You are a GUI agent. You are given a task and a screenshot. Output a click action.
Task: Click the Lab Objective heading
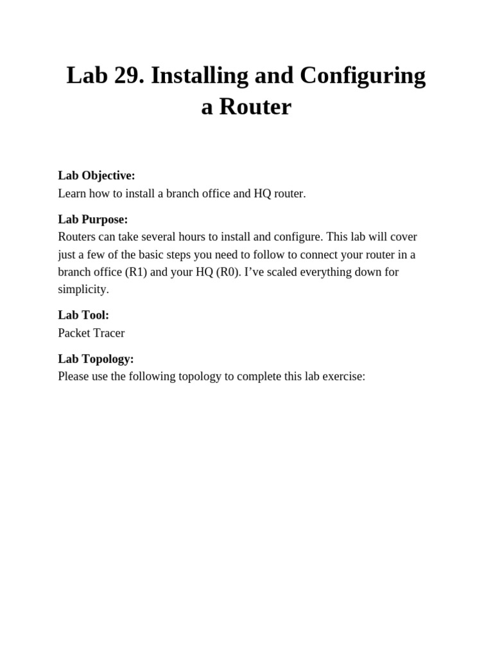[x=96, y=175]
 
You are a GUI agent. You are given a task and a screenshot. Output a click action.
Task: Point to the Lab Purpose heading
[x=93, y=219]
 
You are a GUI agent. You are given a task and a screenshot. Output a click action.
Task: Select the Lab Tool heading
[x=83, y=315]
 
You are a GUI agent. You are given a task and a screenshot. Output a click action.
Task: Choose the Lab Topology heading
[x=96, y=359]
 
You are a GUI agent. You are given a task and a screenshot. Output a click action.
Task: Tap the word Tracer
[x=110, y=333]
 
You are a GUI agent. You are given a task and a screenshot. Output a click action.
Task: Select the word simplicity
[x=83, y=289]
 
